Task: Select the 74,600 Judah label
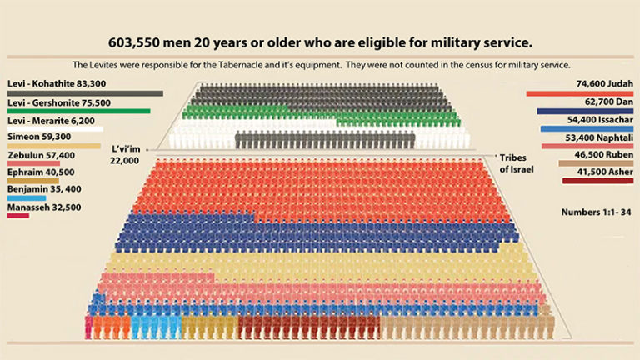(594, 85)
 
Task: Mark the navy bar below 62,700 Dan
(585, 111)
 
